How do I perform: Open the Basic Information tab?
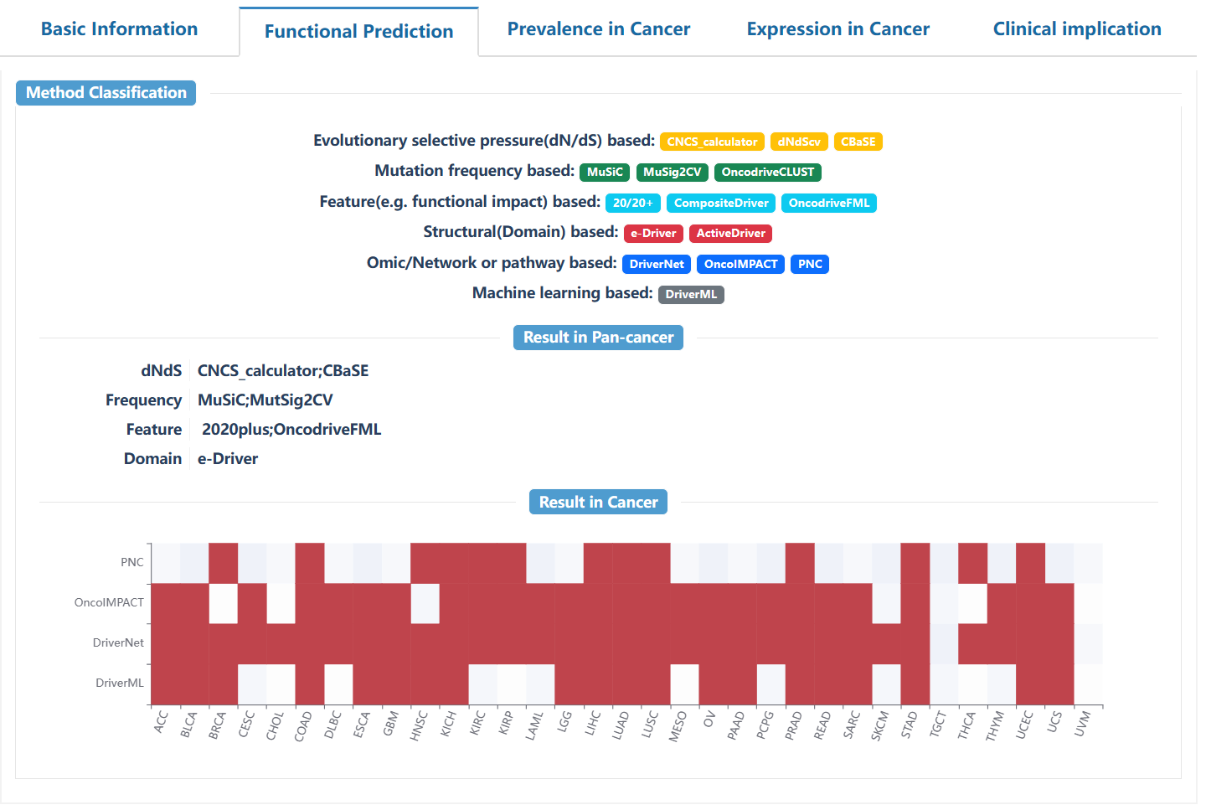[x=119, y=29]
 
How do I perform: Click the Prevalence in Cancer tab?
[x=599, y=29]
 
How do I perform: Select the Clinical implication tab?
[x=1077, y=29]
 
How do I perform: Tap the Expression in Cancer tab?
[x=837, y=29]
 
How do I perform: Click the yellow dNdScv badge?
[x=799, y=142]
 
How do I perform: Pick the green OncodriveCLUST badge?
[x=767, y=173]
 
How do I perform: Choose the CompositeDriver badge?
[x=721, y=203]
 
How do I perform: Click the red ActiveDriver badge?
[x=730, y=234]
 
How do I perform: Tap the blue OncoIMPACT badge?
[x=740, y=264]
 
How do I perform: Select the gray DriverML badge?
[x=691, y=295]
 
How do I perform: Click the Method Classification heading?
[x=106, y=93]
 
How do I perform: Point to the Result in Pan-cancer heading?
[x=598, y=338]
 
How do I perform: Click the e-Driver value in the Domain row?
[x=228, y=459]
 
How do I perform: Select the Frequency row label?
[x=143, y=400]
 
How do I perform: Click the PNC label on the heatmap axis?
[x=132, y=563]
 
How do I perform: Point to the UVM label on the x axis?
[x=1083, y=722]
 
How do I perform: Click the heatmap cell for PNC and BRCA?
[x=223, y=563]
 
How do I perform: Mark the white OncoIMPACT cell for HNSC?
[x=425, y=603]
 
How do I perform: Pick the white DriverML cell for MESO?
[x=684, y=684]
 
